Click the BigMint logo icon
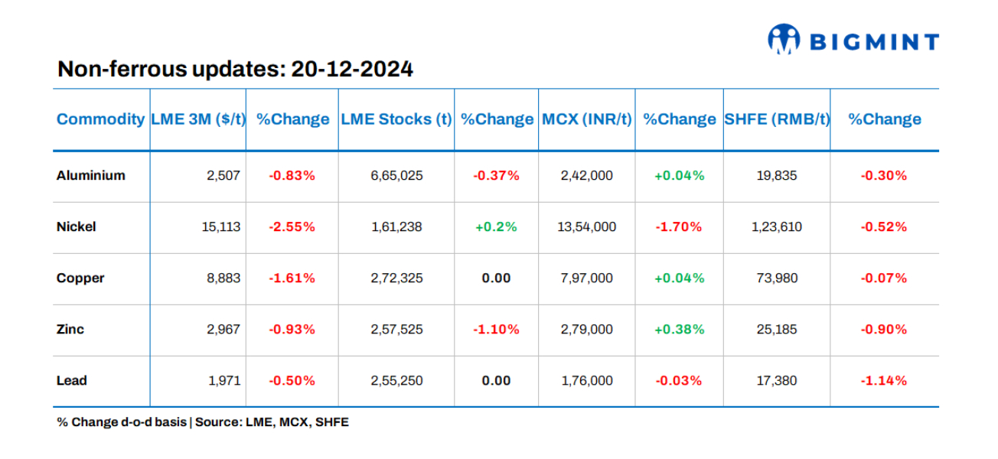pos(784,40)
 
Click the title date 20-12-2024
pos(352,70)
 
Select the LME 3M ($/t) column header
pos(198,119)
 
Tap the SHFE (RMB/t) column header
pos(777,119)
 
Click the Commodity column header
pos(100,119)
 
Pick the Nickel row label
pos(77,226)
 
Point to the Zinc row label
pos(70,329)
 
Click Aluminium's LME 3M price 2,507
pos(223,175)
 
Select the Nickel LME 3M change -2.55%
pos(292,226)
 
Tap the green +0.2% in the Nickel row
pos(496,226)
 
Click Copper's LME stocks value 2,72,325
pos(396,278)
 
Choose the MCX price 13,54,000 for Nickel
pos(587,226)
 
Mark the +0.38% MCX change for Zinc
pos(679,329)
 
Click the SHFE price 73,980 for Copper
pos(777,278)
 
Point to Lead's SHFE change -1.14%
pos(884,380)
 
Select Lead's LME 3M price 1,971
pos(223,380)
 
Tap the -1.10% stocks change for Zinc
pos(496,329)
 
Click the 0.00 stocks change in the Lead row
pos(496,380)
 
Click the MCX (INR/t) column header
pos(587,119)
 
